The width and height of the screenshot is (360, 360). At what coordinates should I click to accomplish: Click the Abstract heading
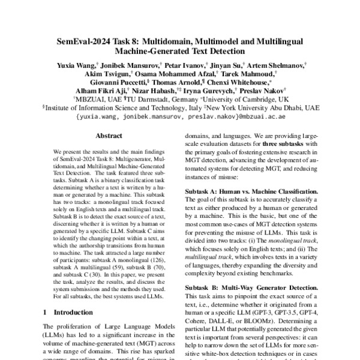[109, 136]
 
